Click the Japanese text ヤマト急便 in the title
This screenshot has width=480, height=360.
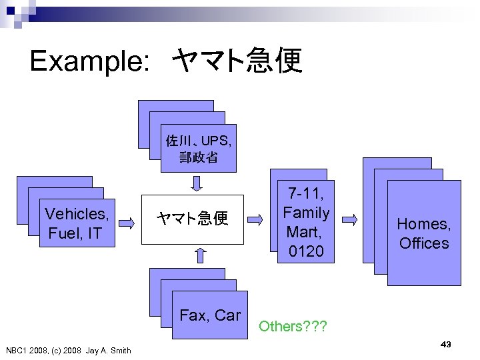click(x=237, y=62)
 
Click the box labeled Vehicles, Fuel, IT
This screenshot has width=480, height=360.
click(x=77, y=223)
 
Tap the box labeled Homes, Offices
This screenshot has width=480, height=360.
click(x=424, y=233)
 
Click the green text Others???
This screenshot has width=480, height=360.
click(x=289, y=326)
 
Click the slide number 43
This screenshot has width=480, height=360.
click(x=446, y=344)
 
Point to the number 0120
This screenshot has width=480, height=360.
click(x=306, y=251)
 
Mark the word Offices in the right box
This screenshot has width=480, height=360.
click(x=424, y=243)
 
